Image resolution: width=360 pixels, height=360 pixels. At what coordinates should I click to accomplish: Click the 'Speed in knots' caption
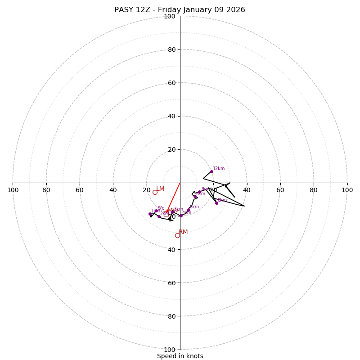180,356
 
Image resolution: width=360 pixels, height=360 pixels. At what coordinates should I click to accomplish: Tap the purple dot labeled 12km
211,171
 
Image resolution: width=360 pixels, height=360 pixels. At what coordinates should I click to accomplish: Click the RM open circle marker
177,235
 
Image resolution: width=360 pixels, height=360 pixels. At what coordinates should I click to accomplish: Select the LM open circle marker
155,192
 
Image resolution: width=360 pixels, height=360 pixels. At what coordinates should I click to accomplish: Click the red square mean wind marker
166,214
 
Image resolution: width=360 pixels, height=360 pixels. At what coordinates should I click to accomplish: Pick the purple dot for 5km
189,210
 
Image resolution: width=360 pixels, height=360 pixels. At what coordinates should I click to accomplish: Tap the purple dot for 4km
181,216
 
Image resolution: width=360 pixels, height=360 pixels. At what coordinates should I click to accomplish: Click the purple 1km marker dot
150,214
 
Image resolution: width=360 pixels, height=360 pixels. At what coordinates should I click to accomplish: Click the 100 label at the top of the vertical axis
170,16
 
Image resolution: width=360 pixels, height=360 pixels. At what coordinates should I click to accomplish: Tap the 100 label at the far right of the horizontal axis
347,190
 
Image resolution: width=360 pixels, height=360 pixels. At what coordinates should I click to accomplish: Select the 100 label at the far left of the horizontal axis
13,190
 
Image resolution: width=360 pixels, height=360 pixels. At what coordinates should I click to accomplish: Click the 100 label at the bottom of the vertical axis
170,350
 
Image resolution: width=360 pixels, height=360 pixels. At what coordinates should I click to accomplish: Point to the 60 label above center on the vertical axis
171,83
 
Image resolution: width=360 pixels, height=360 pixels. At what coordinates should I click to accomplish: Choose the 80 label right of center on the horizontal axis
314,190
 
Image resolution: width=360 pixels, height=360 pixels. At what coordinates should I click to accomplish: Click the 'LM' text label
160,189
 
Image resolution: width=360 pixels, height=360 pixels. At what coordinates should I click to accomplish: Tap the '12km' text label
219,169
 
